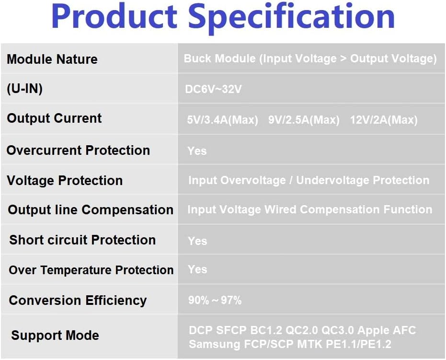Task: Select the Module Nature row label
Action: tap(52, 59)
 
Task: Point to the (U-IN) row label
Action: tap(24, 89)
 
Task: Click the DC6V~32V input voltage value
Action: tap(213, 90)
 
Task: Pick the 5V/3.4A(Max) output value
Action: tap(222, 120)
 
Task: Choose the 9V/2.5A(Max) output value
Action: tap(304, 120)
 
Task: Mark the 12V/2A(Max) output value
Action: tap(384, 120)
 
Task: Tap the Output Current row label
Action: tap(54, 118)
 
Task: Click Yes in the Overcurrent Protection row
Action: tap(197, 151)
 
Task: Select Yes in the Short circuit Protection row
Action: tap(197, 241)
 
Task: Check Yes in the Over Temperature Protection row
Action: tap(197, 269)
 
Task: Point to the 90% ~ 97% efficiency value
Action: tap(215, 301)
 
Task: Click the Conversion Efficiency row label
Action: tap(78, 301)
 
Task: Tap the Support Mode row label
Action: tap(55, 336)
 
